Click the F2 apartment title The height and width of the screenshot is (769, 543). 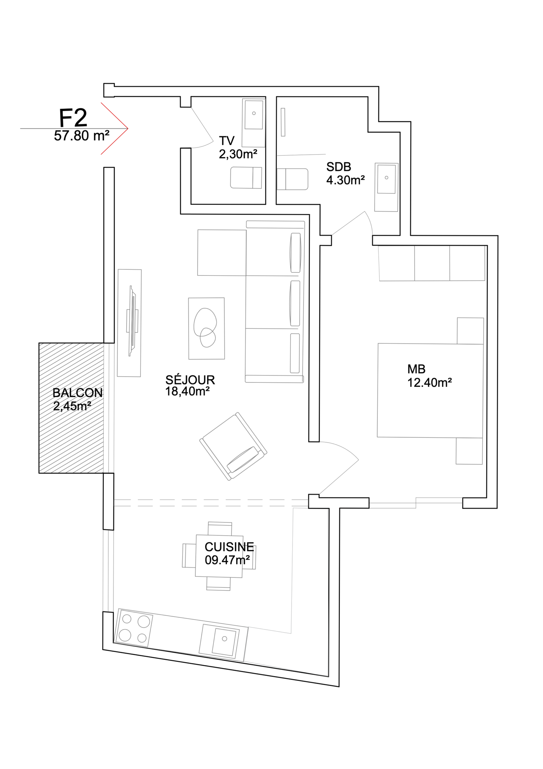[73, 118]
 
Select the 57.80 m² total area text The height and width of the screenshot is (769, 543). [81, 136]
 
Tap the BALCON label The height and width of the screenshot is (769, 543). [77, 393]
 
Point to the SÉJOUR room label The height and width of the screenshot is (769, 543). [190, 380]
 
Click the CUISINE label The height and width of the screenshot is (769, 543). [229, 547]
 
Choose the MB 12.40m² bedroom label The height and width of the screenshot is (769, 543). [429, 376]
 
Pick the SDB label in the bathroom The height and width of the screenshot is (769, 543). [338, 167]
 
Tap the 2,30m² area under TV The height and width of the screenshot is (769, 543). [238, 154]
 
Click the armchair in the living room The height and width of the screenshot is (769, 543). [233, 446]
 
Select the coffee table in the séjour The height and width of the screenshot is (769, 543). [206, 328]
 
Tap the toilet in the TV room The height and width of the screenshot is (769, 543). [246, 177]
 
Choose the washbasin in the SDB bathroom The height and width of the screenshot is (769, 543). [386, 187]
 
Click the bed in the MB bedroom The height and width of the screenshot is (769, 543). [430, 391]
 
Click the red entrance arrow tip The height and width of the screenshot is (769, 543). [128, 128]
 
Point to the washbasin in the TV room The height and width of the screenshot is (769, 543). [254, 114]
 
